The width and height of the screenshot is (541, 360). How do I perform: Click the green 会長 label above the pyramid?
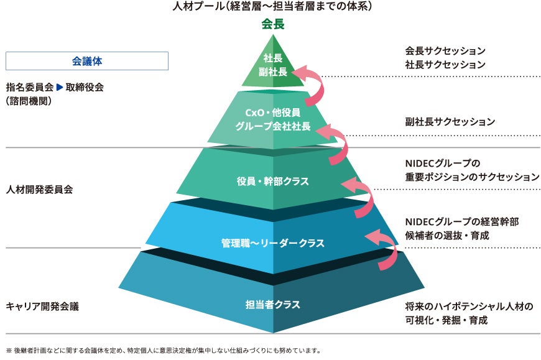pyautogui.click(x=272, y=24)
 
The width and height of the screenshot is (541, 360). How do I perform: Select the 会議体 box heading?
pyautogui.click(x=87, y=61)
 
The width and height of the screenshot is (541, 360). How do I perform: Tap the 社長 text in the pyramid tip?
pyautogui.click(x=273, y=58)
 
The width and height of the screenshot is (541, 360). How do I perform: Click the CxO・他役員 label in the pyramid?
pyautogui.click(x=272, y=113)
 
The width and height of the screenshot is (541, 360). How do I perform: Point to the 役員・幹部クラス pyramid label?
pyautogui.click(x=272, y=181)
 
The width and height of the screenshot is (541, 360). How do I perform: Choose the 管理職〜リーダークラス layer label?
pyautogui.click(x=272, y=242)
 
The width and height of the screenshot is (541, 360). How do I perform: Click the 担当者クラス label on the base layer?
pyautogui.click(x=272, y=305)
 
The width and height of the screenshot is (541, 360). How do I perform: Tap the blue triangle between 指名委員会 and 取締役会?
pyautogui.click(x=59, y=87)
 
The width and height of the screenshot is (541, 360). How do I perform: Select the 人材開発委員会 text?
pyautogui.click(x=39, y=189)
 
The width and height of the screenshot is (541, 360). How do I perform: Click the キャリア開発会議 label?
pyautogui.click(x=42, y=306)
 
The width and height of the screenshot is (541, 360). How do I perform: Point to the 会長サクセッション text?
pyautogui.click(x=445, y=51)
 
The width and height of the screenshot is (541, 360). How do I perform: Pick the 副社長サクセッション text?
pyautogui.click(x=450, y=121)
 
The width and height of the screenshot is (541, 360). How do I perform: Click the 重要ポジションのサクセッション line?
pyautogui.click(x=472, y=177)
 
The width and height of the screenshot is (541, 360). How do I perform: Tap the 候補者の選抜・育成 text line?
pyautogui.click(x=447, y=236)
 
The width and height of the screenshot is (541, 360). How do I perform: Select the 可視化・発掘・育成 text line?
pyautogui.click(x=446, y=320)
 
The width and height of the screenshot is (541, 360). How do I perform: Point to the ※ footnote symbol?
pyautogui.click(x=9, y=351)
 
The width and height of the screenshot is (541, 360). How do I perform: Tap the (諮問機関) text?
pyautogui.click(x=29, y=101)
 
